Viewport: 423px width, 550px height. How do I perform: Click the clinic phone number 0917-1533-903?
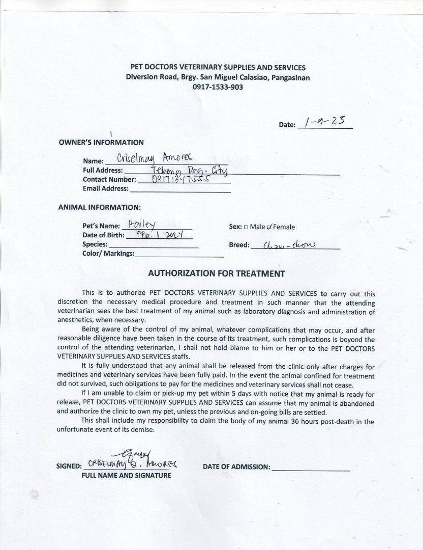[218, 87]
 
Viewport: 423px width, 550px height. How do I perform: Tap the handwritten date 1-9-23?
[324, 122]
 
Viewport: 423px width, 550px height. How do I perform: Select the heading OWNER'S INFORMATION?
[101, 143]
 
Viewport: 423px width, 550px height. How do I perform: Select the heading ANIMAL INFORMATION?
[99, 207]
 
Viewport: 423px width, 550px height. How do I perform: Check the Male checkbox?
[246, 227]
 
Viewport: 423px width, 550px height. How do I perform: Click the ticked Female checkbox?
[270, 227]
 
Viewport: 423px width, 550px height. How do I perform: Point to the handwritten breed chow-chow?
[290, 245]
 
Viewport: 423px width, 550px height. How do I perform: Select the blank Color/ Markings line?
[179, 254]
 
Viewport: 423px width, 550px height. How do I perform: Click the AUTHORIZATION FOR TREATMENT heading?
[216, 273]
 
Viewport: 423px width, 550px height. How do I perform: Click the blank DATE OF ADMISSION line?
[311, 467]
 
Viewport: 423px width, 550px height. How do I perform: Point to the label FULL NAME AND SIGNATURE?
[127, 476]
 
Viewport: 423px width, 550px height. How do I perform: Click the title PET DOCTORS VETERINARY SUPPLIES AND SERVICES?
[218, 68]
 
